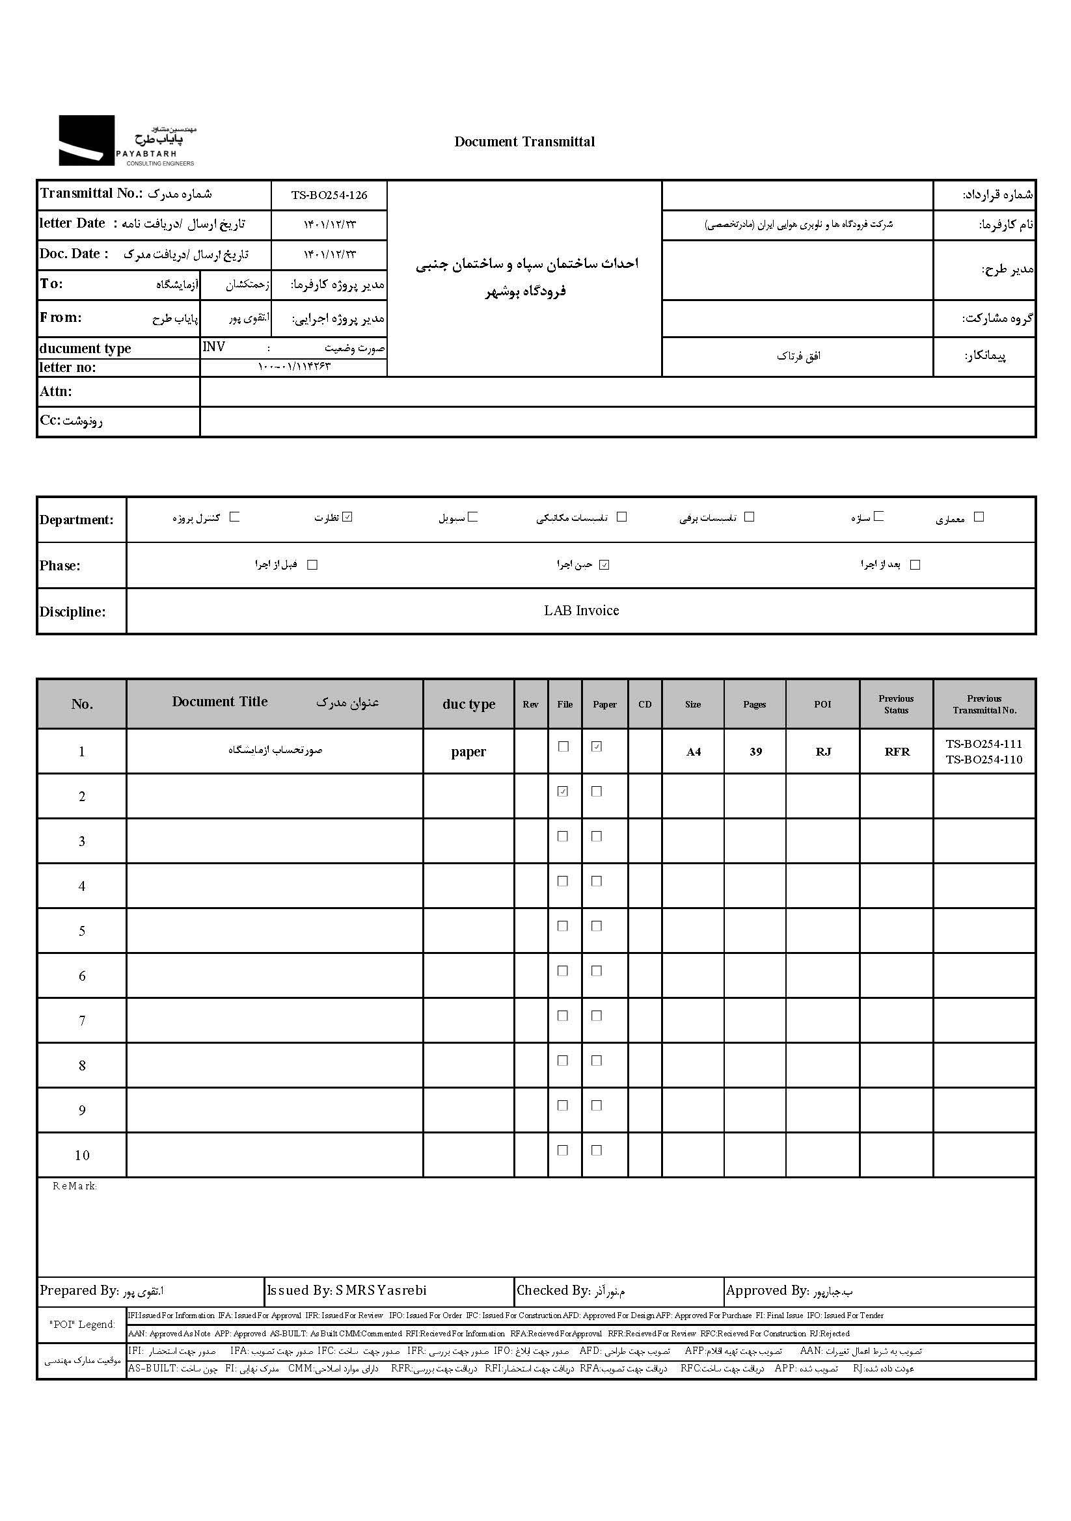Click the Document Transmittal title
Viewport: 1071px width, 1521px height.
click(x=524, y=142)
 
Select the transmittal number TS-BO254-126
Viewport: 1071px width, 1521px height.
click(x=329, y=195)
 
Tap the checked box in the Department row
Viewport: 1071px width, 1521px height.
click(x=348, y=517)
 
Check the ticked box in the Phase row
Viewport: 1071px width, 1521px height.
click(x=604, y=565)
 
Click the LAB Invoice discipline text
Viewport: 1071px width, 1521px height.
click(x=581, y=611)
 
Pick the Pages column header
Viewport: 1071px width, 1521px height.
click(x=754, y=704)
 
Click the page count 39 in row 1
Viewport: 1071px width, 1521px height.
click(x=755, y=752)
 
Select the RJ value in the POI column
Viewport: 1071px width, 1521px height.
click(x=823, y=752)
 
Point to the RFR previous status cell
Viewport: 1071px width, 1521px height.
click(x=897, y=752)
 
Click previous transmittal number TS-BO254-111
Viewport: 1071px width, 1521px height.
click(x=984, y=744)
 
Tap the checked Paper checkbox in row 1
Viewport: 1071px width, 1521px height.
click(x=597, y=747)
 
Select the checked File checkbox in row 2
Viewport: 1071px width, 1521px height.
click(x=563, y=791)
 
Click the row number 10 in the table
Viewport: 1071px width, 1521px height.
click(x=81, y=1156)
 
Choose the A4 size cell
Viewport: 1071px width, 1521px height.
click(x=693, y=752)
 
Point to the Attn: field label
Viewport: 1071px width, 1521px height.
click(x=56, y=391)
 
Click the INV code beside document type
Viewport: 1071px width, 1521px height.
click(x=214, y=347)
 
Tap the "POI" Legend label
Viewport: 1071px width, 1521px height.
click(x=82, y=1324)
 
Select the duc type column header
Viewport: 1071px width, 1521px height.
click(x=468, y=704)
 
